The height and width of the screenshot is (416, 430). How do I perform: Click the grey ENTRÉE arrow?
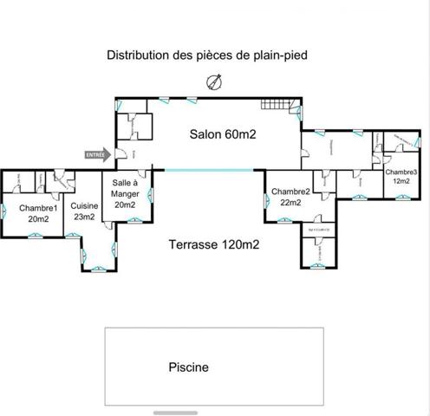97,154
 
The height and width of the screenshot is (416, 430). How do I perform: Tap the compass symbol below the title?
213,82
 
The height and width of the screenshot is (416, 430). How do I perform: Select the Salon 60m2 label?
223,134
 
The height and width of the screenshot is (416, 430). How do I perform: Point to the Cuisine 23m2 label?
84,211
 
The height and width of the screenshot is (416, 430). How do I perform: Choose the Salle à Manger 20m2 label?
124,194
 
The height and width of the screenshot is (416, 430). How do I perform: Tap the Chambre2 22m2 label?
290,197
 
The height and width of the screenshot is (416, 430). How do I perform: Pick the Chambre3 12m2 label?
402,177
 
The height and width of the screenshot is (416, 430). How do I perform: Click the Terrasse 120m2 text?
214,244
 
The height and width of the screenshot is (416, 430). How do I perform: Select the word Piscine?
188,367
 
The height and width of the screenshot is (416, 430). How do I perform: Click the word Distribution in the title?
137,55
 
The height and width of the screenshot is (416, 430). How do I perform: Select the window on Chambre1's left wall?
3,208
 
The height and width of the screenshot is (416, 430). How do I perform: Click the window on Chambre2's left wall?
265,202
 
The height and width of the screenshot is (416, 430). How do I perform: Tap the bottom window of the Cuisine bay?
97,270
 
